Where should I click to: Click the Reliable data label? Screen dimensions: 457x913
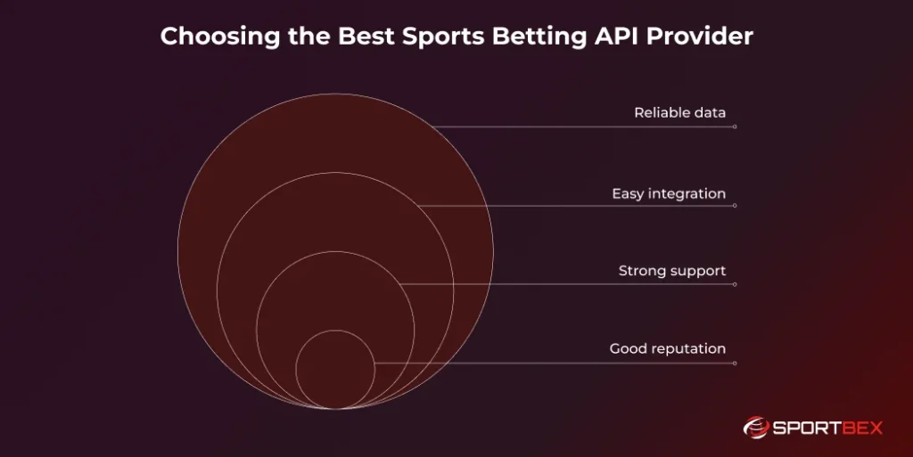pyautogui.click(x=679, y=113)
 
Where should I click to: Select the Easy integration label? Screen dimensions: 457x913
pyautogui.click(x=669, y=193)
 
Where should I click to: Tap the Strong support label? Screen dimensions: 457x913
pyautogui.click(x=672, y=271)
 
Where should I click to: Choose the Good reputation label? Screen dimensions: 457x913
pyautogui.click(x=668, y=348)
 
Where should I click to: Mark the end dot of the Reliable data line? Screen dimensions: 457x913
pyautogui.click(x=735, y=126)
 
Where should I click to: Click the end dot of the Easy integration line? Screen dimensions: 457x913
pyautogui.click(x=735, y=206)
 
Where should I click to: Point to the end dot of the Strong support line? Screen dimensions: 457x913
pyautogui.click(x=735, y=284)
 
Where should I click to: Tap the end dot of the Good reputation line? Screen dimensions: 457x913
pyautogui.click(x=735, y=363)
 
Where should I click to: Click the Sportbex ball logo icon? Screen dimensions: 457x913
pyautogui.click(x=755, y=428)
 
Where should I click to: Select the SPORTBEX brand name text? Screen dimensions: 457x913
pyautogui.click(x=826, y=428)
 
